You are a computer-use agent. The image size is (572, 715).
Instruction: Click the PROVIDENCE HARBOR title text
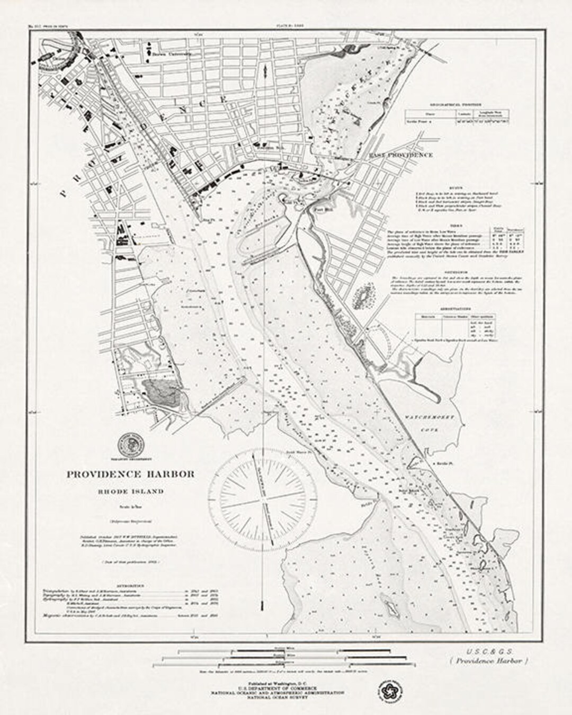[x=130, y=474]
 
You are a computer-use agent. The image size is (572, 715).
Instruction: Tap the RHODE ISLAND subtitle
[x=130, y=491]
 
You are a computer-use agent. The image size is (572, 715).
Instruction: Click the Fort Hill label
[x=321, y=208]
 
